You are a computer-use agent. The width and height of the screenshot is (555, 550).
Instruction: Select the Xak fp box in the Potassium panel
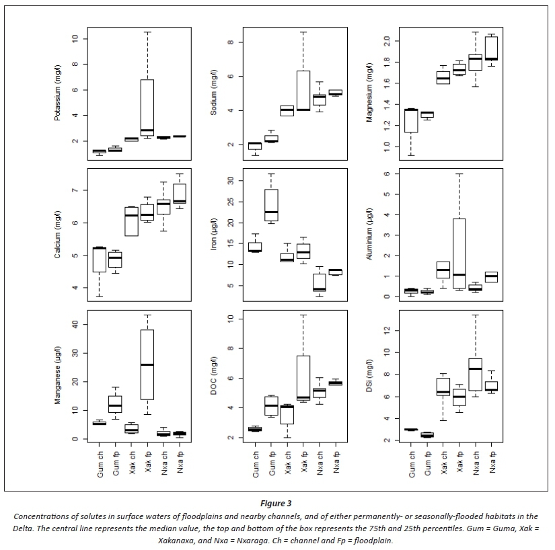(x=147, y=108)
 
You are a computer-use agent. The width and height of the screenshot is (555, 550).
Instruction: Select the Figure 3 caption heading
(x=277, y=502)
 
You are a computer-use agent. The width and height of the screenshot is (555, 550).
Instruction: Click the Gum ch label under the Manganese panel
(x=99, y=464)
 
